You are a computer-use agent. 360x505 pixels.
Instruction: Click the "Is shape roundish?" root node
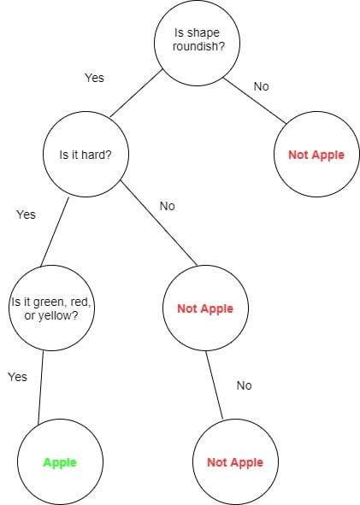click(x=196, y=41)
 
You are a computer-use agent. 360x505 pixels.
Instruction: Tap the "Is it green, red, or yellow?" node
click(x=51, y=308)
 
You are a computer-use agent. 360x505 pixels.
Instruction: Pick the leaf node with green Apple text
click(x=60, y=462)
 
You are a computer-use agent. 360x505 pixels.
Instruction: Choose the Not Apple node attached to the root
click(x=316, y=155)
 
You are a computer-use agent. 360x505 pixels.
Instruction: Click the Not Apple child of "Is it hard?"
click(x=204, y=308)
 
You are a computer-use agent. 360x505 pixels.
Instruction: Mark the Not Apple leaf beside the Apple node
click(x=235, y=462)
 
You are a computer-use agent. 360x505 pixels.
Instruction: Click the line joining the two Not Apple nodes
click(x=215, y=385)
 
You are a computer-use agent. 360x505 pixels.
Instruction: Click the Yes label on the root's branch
click(x=94, y=78)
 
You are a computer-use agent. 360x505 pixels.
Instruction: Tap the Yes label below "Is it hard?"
click(x=26, y=214)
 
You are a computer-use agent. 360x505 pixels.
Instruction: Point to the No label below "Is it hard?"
click(x=168, y=206)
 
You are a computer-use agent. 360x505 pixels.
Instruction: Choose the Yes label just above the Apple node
click(x=17, y=377)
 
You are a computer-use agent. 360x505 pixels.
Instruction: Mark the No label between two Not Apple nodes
click(x=244, y=385)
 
